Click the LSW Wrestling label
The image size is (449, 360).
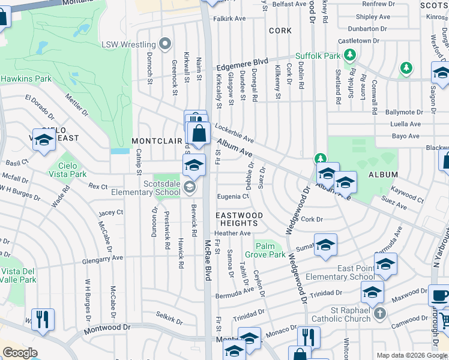[x=128, y=44]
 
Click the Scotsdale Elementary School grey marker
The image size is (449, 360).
[x=190, y=188]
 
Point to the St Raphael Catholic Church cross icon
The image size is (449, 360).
[x=379, y=313]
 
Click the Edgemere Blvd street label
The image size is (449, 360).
[x=243, y=62]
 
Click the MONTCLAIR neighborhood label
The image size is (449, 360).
[x=156, y=140]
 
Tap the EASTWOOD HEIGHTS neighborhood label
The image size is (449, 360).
[x=239, y=219]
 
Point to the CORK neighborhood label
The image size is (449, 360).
[x=280, y=31]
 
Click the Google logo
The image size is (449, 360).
[x=20, y=353]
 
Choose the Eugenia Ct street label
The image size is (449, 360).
[x=233, y=196]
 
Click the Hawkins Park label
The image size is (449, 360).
[x=26, y=79]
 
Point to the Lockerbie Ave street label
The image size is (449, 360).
[x=234, y=133]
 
